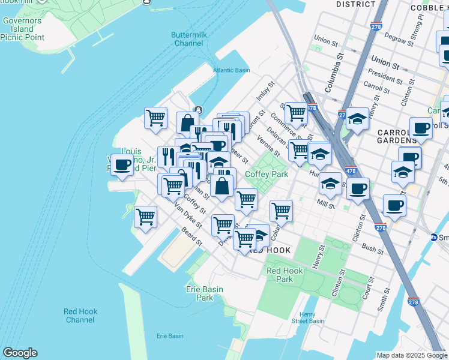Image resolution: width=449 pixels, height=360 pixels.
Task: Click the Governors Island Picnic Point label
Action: click(x=22, y=28)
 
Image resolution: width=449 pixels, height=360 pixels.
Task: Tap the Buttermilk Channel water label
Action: click(x=189, y=39)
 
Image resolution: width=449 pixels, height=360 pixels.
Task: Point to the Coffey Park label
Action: click(x=267, y=174)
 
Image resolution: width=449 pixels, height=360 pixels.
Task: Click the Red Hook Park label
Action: click(x=285, y=275)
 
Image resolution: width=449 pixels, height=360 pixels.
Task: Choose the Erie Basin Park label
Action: click(x=205, y=293)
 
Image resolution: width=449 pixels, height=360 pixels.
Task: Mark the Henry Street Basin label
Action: click(x=307, y=317)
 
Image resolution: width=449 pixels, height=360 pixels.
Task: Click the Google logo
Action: click(x=20, y=353)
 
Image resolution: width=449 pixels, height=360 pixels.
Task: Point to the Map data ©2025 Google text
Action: click(x=411, y=355)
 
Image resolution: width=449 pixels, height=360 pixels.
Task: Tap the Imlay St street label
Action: click(x=265, y=91)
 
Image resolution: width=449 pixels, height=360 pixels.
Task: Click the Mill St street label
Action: click(x=325, y=205)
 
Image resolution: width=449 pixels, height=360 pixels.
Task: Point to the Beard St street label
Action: click(x=191, y=240)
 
